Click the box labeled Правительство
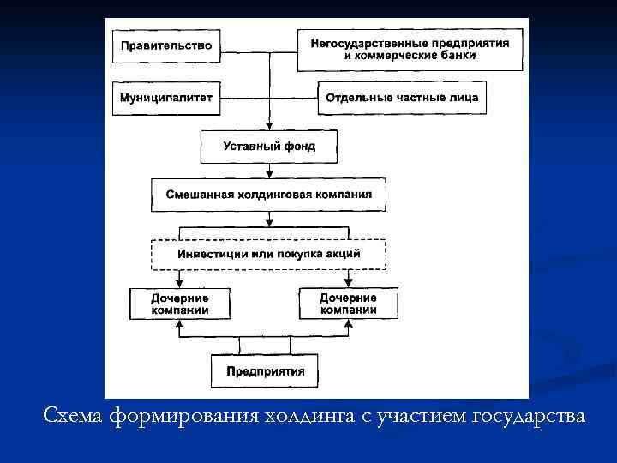pos(166,45)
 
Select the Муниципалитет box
pos(166,97)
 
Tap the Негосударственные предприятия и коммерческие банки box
pos(410,50)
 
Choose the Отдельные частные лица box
pos(402,97)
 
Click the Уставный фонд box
pos(269,146)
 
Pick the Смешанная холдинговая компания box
pos(269,194)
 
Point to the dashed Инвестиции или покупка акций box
pos(269,254)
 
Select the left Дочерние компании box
pos(180,303)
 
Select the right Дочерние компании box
pos(348,303)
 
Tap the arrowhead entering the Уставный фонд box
pos(269,125)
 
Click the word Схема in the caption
pos(74,417)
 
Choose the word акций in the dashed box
pos(342,254)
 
